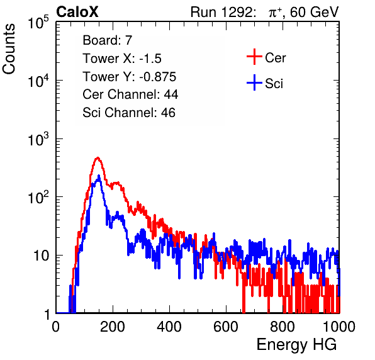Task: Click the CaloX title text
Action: [x=77, y=12]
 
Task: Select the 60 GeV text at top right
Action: [x=314, y=12]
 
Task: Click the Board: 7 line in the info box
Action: [x=108, y=40]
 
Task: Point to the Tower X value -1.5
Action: [x=150, y=59]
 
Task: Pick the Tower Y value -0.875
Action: [x=158, y=77]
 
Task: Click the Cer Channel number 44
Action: [x=171, y=94]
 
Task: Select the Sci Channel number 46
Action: [x=168, y=113]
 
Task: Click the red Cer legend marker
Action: [x=254, y=57]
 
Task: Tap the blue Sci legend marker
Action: [x=254, y=83]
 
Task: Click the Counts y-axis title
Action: [x=9, y=49]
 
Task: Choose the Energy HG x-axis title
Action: [x=296, y=345]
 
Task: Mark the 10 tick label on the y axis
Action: [x=41, y=256]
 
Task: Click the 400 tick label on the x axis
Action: [x=169, y=327]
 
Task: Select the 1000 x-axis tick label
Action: [x=339, y=327]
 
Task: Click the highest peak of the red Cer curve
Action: [x=98, y=158]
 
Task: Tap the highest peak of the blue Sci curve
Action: [x=99, y=176]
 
